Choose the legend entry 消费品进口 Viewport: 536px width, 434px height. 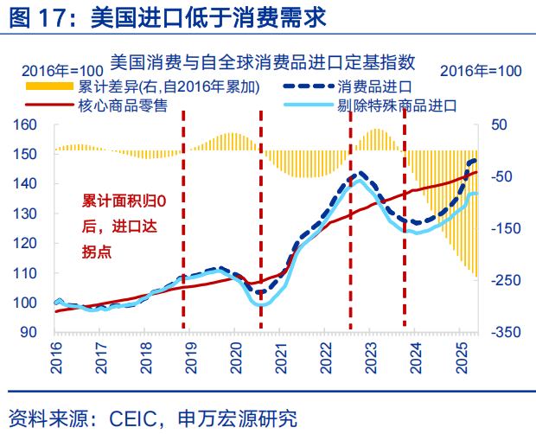click(x=373, y=86)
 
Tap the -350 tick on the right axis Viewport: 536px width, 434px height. click(x=506, y=332)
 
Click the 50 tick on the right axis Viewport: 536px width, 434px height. click(x=501, y=124)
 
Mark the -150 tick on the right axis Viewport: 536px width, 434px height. click(x=506, y=228)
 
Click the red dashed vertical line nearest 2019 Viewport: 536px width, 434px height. click(x=182, y=225)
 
